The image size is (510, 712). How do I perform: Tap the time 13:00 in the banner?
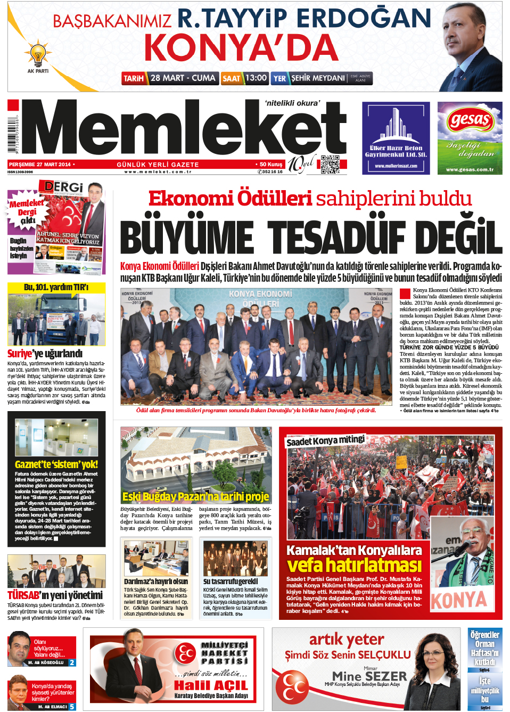256,78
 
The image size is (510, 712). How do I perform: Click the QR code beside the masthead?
330,164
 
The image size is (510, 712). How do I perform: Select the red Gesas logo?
469,119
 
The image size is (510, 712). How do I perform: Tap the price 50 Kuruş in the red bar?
271,165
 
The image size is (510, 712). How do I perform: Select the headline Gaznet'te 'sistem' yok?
56,464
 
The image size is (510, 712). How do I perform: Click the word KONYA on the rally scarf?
459,600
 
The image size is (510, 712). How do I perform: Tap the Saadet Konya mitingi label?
325,440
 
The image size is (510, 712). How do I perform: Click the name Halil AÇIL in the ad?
211,685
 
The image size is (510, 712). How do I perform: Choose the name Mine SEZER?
369,676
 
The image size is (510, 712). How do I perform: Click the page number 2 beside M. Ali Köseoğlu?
72,662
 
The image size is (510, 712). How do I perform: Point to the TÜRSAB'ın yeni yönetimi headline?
55,595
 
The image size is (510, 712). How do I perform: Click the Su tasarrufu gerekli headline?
230,582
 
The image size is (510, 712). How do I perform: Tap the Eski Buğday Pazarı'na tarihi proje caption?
195,496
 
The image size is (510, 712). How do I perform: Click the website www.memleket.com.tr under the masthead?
158,171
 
